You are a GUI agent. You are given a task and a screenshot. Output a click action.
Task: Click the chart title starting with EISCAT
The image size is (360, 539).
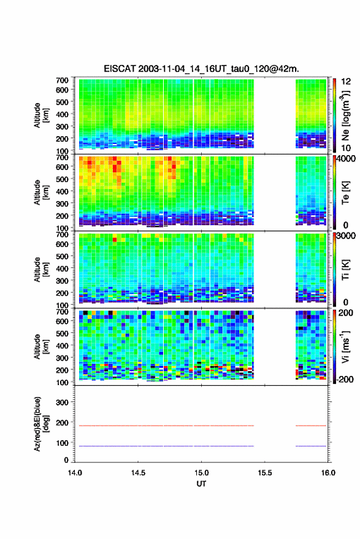pyautogui.click(x=202, y=69)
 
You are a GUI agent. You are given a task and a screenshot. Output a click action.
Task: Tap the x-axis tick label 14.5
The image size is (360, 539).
pyautogui.click(x=138, y=473)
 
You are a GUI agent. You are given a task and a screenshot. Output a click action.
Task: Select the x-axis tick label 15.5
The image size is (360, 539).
pyautogui.click(x=265, y=473)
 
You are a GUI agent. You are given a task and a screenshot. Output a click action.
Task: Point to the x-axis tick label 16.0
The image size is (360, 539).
pyautogui.click(x=328, y=473)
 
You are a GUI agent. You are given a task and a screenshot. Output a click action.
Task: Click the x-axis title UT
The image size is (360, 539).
pyautogui.click(x=201, y=484)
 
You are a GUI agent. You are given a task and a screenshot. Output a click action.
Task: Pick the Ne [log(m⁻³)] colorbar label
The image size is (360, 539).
pyautogui.click(x=345, y=115)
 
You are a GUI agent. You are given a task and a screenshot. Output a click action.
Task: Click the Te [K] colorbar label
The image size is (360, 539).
pyautogui.click(x=345, y=193)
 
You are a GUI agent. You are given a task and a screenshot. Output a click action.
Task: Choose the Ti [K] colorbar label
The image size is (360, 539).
pyautogui.click(x=345, y=270)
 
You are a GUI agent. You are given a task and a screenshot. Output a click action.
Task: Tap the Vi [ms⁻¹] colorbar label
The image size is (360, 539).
pyautogui.click(x=345, y=346)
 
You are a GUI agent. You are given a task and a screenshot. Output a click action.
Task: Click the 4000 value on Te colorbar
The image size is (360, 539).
pyautogui.click(x=346, y=159)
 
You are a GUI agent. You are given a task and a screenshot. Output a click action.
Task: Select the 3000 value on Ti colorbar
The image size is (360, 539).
pyautogui.click(x=346, y=236)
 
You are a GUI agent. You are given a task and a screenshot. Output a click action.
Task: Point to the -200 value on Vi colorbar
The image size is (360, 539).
pyautogui.click(x=345, y=379)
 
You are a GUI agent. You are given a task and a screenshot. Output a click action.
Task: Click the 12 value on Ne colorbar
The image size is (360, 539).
pyautogui.click(x=346, y=82)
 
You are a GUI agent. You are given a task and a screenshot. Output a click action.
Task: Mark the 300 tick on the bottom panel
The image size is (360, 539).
pyautogui.click(x=62, y=402)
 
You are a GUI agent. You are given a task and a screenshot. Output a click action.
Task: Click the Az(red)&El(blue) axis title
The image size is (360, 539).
pyautogui.click(x=41, y=424)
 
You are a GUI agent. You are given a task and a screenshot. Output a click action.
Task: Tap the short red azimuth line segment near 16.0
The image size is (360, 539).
pyautogui.click(x=311, y=426)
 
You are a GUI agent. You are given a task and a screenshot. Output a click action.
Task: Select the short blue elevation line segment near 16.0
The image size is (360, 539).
pyautogui.click(x=311, y=446)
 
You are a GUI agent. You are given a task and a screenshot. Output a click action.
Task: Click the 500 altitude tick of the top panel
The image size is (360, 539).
pyautogui.click(x=62, y=102)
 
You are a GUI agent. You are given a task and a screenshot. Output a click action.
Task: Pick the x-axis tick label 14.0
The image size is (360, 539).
pyautogui.click(x=75, y=473)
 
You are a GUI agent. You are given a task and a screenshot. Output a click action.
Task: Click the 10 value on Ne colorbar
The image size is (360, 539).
pyautogui.click(x=346, y=148)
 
